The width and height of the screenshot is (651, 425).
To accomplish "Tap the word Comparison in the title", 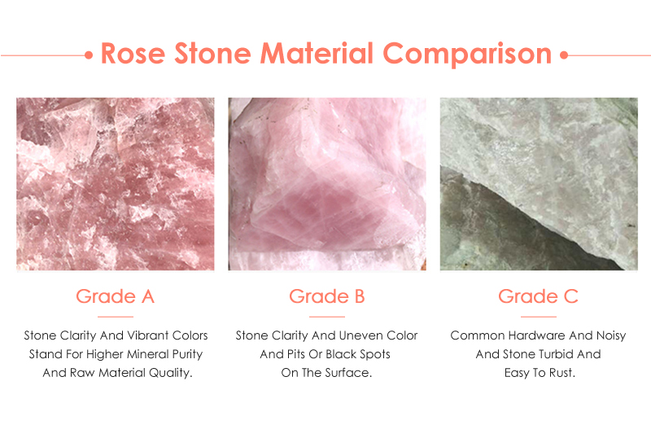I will point(467,55).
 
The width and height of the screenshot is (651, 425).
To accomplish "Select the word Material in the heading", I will point(319,55).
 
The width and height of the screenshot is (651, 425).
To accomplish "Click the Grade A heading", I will point(115,296).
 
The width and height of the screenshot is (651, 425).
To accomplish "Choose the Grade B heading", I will point(326,296).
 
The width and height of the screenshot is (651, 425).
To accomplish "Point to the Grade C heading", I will point(538,296).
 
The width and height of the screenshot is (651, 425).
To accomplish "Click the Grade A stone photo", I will point(115,184).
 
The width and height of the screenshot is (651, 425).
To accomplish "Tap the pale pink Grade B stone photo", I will point(326,184).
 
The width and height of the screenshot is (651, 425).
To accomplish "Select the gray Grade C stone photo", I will point(538,184).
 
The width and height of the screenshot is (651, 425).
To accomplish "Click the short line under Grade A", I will point(115,316).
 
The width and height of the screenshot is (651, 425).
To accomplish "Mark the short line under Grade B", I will point(326,316).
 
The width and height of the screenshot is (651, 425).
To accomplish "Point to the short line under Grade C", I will point(538,316).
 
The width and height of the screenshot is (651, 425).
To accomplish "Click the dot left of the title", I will point(88,55).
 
